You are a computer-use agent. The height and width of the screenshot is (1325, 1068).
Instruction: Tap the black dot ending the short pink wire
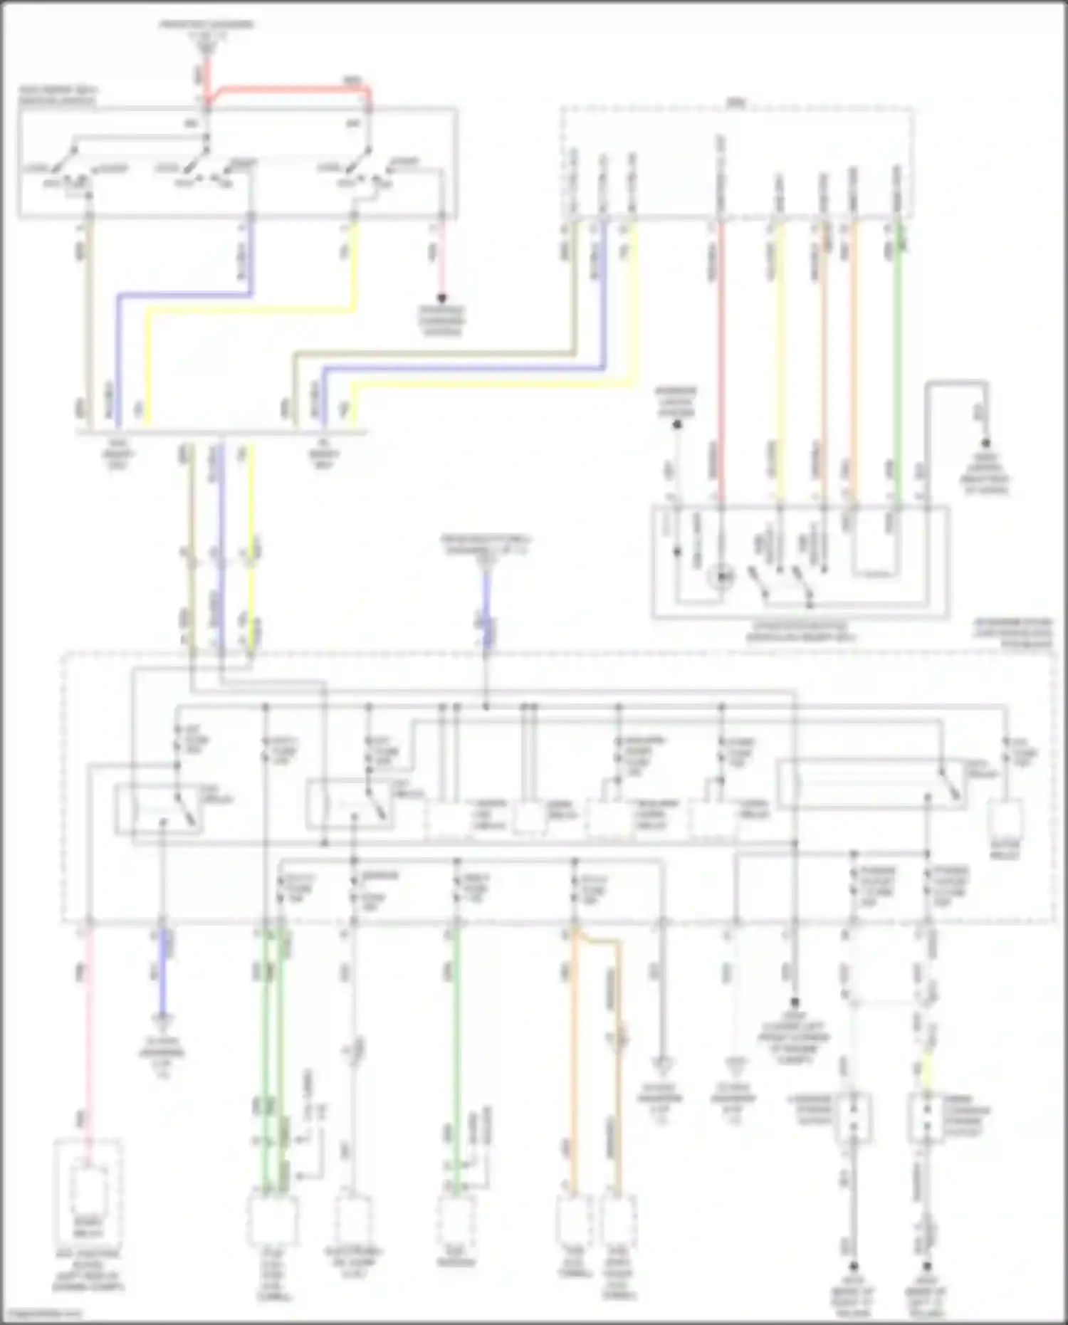point(441,298)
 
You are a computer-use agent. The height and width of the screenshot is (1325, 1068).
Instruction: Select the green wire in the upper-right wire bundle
point(898,356)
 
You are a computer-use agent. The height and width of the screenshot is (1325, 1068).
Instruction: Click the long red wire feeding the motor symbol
point(721,356)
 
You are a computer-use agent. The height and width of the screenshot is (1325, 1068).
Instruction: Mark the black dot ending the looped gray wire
point(986,441)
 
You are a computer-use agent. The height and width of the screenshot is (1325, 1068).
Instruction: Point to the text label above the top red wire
point(206,28)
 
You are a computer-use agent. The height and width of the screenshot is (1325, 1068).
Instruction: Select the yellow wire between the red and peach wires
point(780,356)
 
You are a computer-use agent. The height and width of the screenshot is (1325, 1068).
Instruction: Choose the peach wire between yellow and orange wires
point(824,356)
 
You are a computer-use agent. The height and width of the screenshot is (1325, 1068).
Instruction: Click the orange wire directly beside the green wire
point(854,356)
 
